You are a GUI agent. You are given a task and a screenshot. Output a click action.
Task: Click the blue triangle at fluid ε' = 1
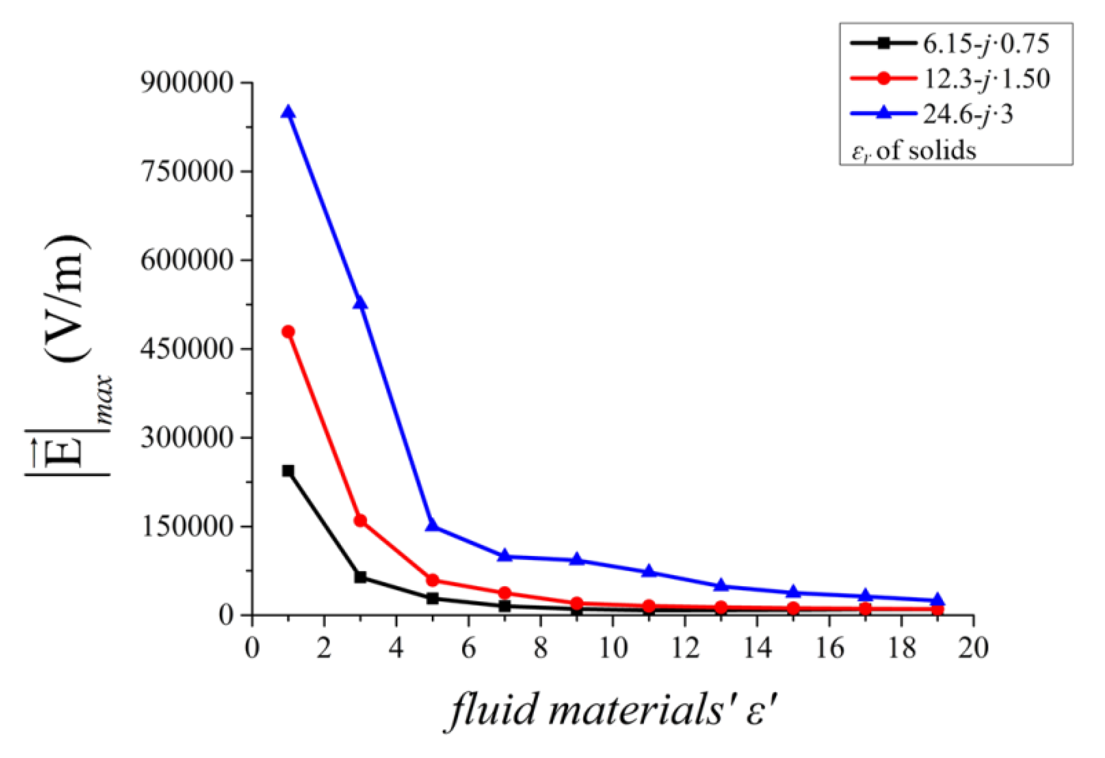(x=288, y=112)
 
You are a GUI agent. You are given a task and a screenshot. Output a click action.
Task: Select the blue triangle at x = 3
(x=360, y=303)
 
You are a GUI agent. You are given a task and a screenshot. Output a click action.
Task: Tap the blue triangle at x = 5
(x=432, y=526)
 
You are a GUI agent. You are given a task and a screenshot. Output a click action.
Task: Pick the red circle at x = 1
(x=288, y=332)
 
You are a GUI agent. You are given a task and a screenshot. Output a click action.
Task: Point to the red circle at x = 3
(x=360, y=521)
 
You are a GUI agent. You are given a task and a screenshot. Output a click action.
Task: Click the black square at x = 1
(x=288, y=471)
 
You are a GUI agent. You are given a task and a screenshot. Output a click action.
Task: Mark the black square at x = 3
(x=360, y=577)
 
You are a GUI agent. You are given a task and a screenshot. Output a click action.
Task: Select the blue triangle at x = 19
(x=937, y=600)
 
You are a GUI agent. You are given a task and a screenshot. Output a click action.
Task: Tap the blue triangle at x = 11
(x=649, y=571)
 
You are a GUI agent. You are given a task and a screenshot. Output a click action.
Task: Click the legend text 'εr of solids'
(x=914, y=150)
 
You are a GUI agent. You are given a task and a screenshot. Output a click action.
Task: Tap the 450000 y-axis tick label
(x=187, y=348)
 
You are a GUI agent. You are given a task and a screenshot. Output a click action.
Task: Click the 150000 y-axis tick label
(x=187, y=526)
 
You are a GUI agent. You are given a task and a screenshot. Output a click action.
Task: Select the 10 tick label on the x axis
(x=613, y=648)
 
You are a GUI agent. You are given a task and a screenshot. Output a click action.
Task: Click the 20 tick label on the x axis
(x=973, y=648)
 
